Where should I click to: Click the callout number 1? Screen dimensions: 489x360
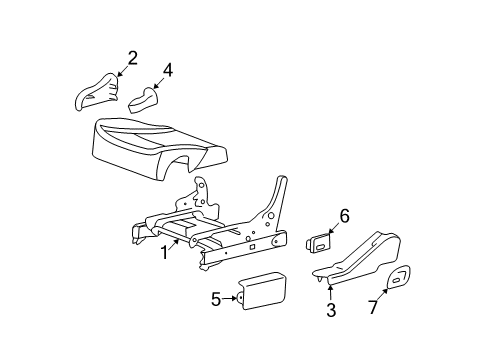(x=164, y=253)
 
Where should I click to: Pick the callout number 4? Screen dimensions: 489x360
(x=168, y=70)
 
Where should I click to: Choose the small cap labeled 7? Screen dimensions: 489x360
(x=399, y=280)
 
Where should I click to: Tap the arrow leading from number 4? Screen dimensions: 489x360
(x=158, y=82)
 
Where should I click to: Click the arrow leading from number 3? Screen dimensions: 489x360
(x=329, y=292)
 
